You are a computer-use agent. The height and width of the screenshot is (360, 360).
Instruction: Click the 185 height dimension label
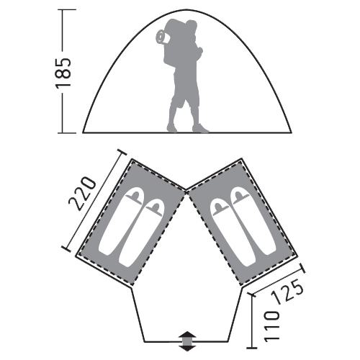(63, 72)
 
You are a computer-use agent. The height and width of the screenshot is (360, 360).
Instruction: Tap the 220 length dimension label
(83, 194)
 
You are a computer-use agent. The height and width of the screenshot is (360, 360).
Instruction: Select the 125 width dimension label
(288, 292)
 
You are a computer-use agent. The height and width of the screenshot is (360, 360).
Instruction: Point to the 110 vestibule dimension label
(272, 325)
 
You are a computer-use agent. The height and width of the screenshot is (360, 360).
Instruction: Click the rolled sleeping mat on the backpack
(162, 37)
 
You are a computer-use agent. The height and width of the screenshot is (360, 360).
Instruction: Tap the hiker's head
(192, 25)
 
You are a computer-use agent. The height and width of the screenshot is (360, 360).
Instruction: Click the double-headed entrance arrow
(188, 341)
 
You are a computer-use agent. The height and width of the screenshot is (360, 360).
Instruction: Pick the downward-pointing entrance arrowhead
(188, 348)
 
